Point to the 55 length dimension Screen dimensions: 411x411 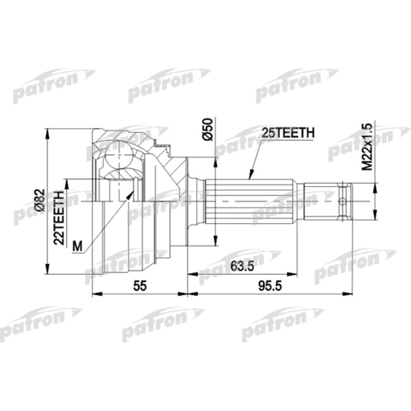[x=139, y=286]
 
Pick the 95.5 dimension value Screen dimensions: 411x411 [x=268, y=286]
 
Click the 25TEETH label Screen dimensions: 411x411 [x=288, y=134]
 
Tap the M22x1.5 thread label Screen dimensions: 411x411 [x=367, y=147]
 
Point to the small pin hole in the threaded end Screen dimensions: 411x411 [x=343, y=200]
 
